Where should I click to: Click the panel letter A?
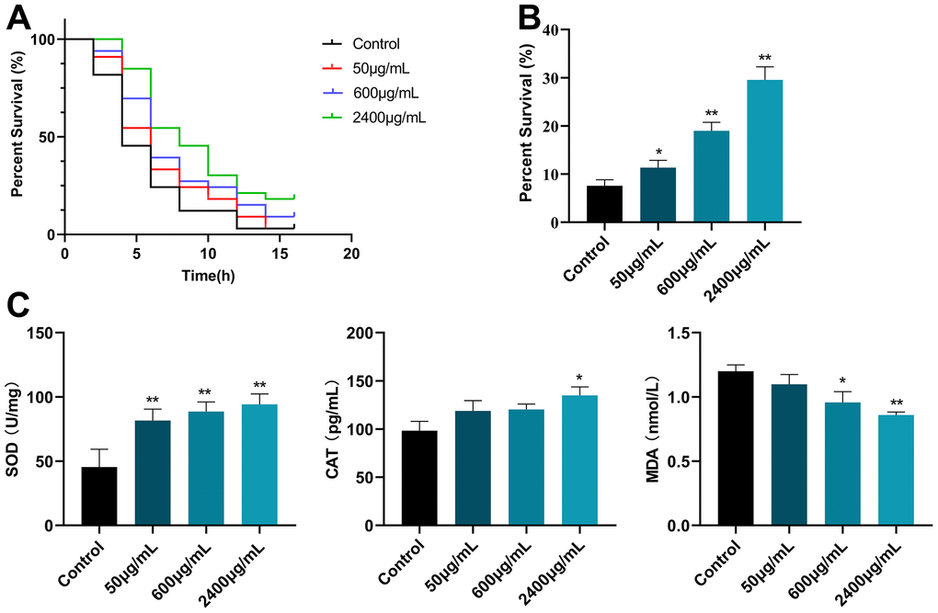tap(18, 16)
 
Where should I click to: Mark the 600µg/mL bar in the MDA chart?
tap(842, 464)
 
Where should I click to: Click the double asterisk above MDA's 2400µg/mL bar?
tap(897, 403)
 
